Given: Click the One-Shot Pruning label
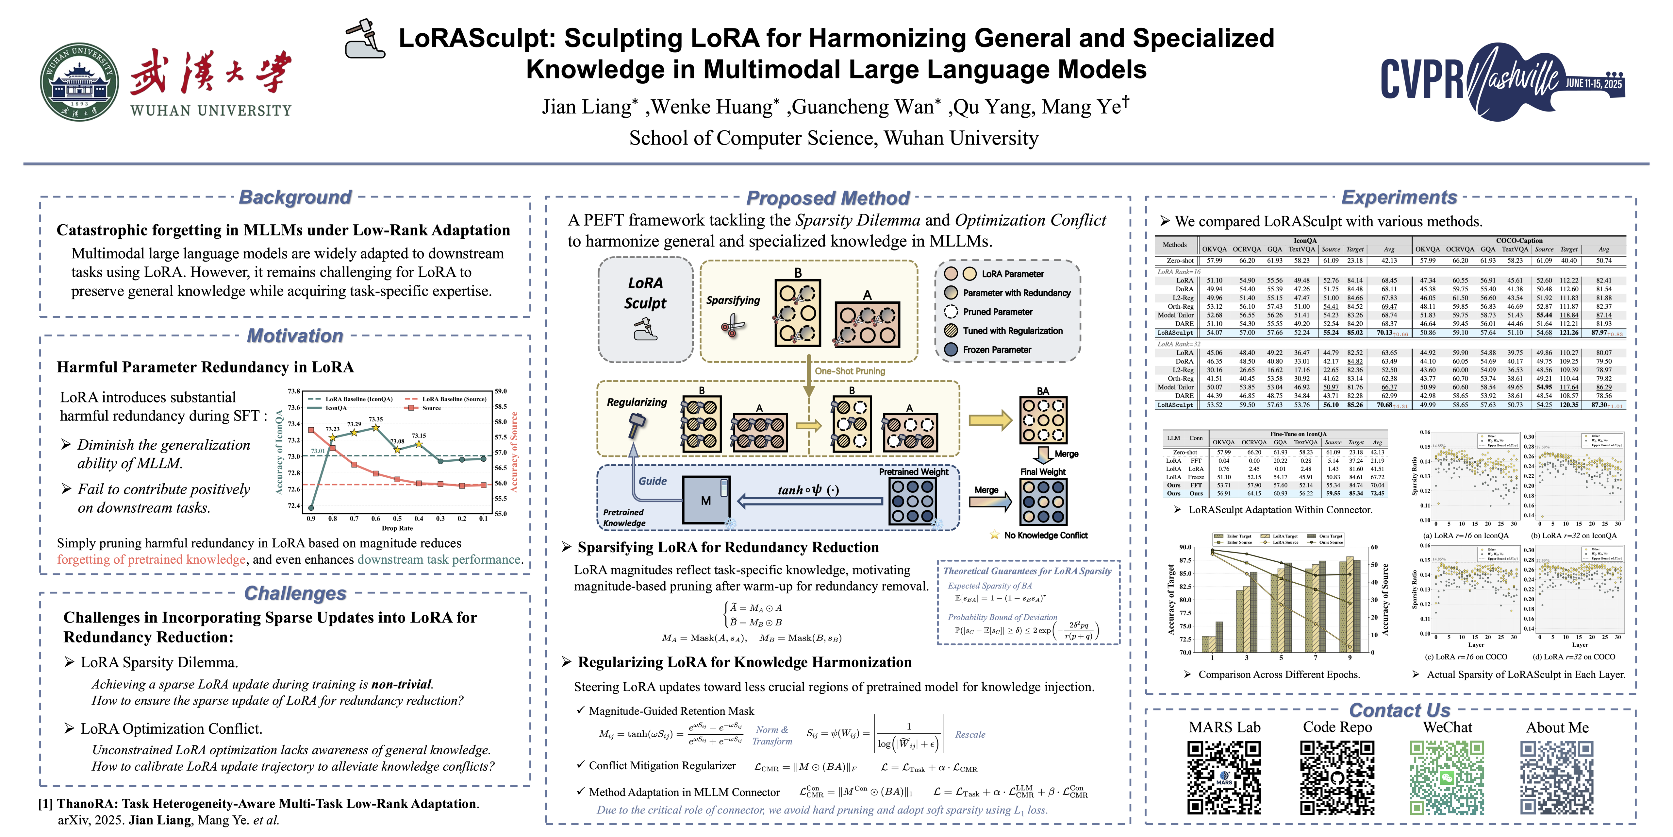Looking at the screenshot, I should point(850,371).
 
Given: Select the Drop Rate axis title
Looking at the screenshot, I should point(397,528).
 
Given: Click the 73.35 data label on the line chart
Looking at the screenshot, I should point(375,420).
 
